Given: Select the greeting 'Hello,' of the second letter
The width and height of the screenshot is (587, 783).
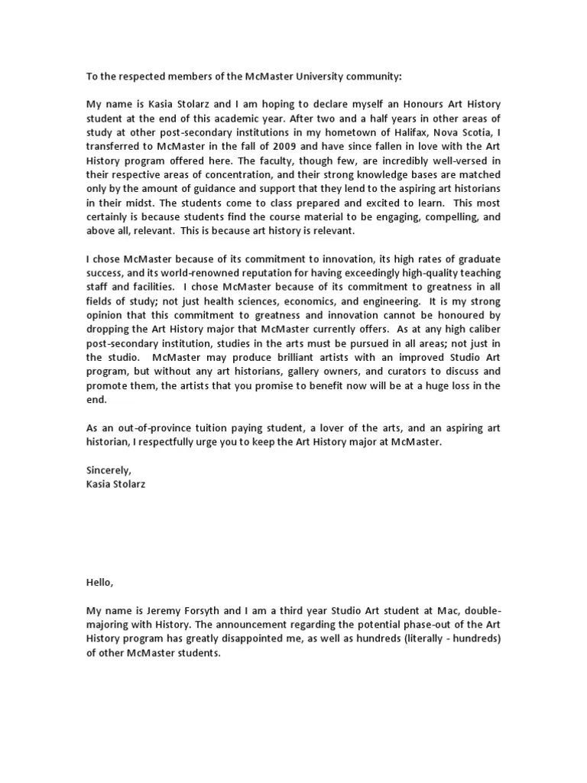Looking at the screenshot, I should [x=99, y=583].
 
